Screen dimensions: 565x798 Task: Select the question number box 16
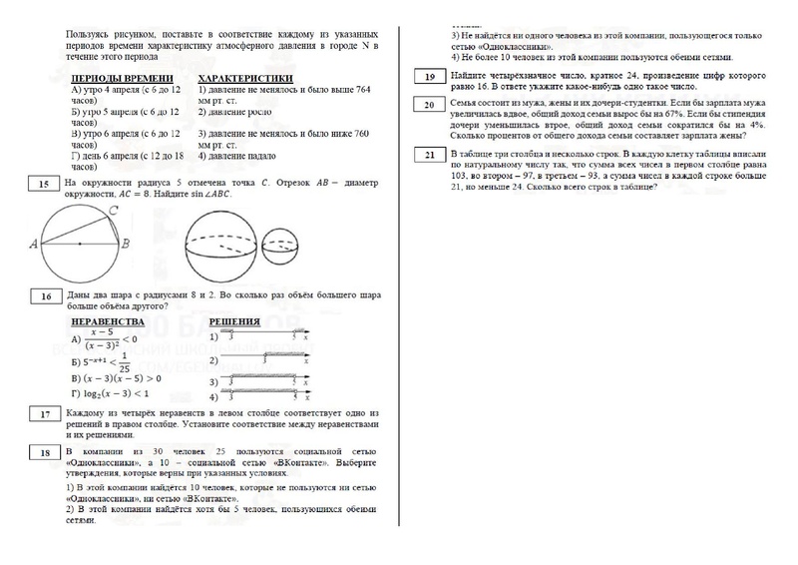pos(44,296)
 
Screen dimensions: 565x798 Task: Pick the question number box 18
pos(44,454)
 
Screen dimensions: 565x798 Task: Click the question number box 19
pos(429,77)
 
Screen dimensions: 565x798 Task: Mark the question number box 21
pos(429,154)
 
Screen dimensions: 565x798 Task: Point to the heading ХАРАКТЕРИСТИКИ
pos(245,78)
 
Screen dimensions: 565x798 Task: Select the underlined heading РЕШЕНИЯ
pos(235,322)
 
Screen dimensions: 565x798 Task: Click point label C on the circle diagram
pos(115,210)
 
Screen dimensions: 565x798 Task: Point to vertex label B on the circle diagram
pos(125,243)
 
